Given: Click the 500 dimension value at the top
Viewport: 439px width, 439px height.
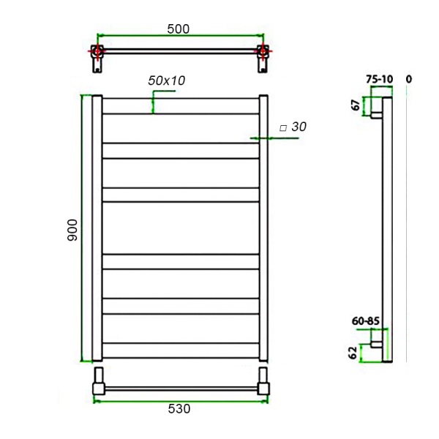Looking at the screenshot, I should click(178, 29).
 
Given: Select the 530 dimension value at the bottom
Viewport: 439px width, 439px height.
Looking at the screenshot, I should click(179, 410).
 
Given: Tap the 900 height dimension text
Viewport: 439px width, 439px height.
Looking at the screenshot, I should click(72, 230).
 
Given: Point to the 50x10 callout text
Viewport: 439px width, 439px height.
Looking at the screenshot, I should click(166, 80).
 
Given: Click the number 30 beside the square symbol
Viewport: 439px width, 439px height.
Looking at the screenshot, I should click(299, 127).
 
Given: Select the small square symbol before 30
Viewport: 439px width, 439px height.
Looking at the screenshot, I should click(282, 128).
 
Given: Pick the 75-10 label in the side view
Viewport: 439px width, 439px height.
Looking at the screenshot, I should click(379, 79).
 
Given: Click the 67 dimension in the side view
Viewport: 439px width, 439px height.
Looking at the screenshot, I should click(356, 105).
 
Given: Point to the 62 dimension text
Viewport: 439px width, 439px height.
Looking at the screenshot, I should click(353, 353).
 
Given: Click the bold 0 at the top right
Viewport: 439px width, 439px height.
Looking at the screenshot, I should click(408, 78).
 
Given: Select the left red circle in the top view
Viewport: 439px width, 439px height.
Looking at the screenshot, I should click(97, 52).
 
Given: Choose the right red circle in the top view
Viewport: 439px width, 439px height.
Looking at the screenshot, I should click(262, 52).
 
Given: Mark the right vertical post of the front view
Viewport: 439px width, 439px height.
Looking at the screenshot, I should click(264, 228).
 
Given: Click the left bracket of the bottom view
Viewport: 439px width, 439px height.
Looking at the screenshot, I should click(97, 383).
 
